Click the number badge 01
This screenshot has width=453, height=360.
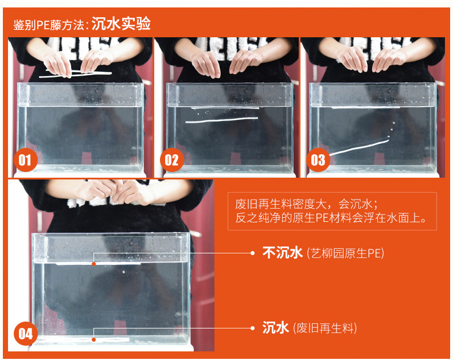[x=25, y=160]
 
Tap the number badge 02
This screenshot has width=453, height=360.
[x=172, y=160]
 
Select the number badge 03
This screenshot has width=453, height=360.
[x=318, y=160]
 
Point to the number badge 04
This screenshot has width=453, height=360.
[x=25, y=334]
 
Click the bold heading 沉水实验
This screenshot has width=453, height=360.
[x=121, y=24]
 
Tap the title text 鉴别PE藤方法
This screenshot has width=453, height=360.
[x=49, y=25]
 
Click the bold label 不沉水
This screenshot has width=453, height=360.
[x=282, y=253]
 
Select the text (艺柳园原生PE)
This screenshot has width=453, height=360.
[x=345, y=253]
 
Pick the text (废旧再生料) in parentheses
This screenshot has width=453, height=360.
[x=325, y=328]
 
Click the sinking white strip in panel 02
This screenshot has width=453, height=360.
[x=221, y=120]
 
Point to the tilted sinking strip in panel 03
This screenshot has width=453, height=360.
[x=359, y=148]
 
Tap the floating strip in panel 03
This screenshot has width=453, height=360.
[x=366, y=107]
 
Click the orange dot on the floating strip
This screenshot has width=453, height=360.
[x=93, y=264]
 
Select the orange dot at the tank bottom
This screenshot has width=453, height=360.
[x=93, y=339]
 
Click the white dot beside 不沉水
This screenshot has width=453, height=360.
[x=252, y=253]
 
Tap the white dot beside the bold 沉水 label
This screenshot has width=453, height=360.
[x=252, y=328]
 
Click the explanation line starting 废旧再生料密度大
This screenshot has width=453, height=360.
[x=307, y=204]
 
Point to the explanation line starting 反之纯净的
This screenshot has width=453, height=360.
[x=331, y=218]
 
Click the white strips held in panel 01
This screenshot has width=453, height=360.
[x=75, y=74]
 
